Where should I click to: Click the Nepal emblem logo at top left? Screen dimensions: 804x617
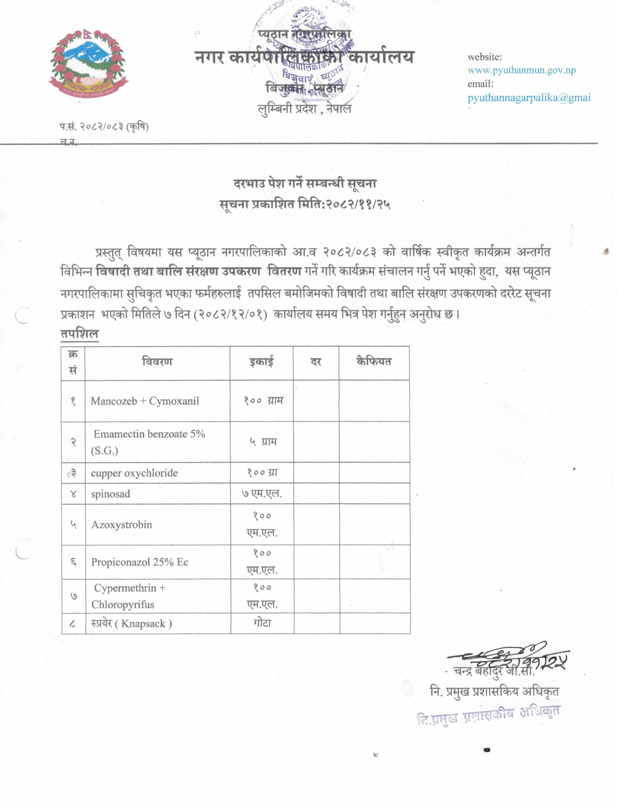coord(88,63)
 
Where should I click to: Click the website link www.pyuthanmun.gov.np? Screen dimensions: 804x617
coord(521,70)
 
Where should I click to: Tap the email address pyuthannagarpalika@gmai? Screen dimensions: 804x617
coord(529,98)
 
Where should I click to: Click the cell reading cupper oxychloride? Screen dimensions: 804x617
coord(134,473)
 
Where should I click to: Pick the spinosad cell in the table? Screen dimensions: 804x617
coord(111,494)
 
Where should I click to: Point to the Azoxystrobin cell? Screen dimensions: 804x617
coord(121,525)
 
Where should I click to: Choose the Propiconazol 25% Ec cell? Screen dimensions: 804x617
coord(140,562)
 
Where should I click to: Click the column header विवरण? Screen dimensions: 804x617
coord(157,362)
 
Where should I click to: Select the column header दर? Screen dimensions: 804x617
coord(316,362)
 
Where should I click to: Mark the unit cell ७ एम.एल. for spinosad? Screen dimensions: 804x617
coord(262,494)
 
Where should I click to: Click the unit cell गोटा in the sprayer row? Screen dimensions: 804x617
coord(262,623)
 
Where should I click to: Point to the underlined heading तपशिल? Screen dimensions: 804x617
coord(79,334)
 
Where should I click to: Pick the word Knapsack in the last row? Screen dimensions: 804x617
coord(143,623)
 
